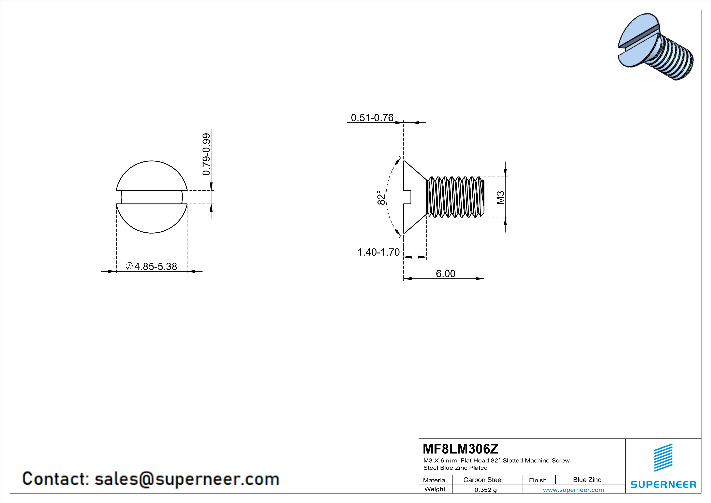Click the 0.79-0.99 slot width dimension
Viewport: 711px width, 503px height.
click(x=206, y=154)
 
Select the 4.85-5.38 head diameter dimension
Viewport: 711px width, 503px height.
click(x=155, y=266)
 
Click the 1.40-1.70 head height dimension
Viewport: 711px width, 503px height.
click(x=379, y=252)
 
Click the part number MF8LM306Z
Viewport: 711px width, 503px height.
click(x=460, y=448)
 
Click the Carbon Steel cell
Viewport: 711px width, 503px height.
click(x=483, y=480)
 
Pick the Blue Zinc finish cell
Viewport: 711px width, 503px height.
click(x=587, y=480)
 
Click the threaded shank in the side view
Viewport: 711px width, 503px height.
click(x=455, y=197)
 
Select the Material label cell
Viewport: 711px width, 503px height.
click(x=435, y=480)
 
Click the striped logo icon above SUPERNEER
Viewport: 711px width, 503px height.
click(x=663, y=458)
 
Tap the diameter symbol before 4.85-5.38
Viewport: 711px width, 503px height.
click(x=129, y=266)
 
